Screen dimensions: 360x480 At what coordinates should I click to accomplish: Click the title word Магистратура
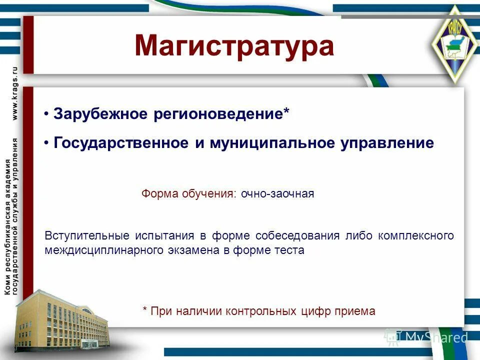[x=234, y=45]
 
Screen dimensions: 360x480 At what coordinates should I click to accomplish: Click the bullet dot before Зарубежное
[x=46, y=114]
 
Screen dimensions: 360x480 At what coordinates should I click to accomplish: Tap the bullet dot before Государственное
[x=46, y=143]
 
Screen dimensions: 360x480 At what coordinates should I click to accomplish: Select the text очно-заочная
[x=277, y=194]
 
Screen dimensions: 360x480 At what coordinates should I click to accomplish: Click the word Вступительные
[x=85, y=235]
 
